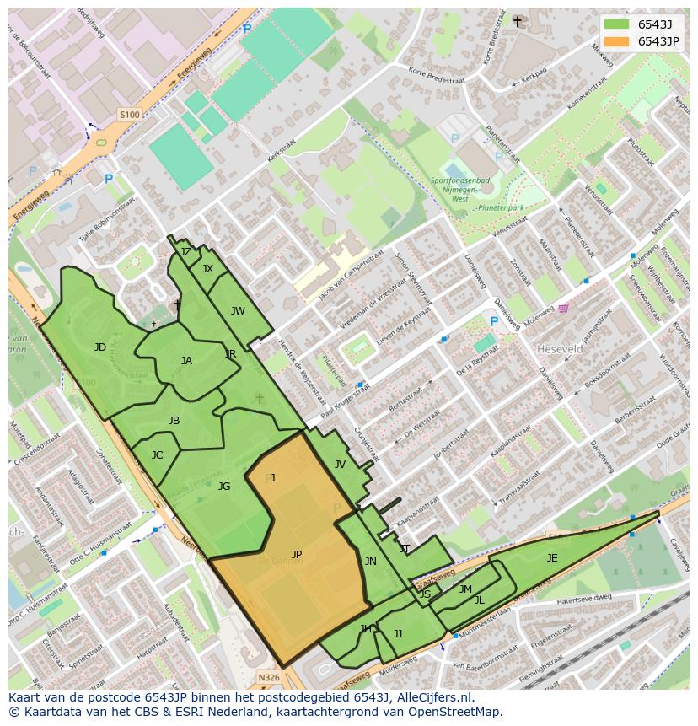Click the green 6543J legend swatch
[x=616, y=24]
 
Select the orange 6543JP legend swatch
[x=616, y=41]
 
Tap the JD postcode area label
[x=100, y=347]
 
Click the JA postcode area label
[x=186, y=361]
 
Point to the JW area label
[x=238, y=311]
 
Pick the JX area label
[x=207, y=269]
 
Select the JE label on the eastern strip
[x=552, y=558]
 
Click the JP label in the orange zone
[x=297, y=555]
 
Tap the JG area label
[x=224, y=487]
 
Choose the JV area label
[x=340, y=465]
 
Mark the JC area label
[x=157, y=455]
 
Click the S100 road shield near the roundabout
[x=129, y=115]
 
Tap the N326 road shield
[x=268, y=677]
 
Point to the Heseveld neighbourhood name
[x=561, y=348]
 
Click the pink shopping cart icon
[x=562, y=309]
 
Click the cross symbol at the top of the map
[x=517, y=21]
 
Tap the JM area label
[x=465, y=589]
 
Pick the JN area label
[x=370, y=562]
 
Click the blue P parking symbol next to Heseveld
[x=494, y=321]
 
